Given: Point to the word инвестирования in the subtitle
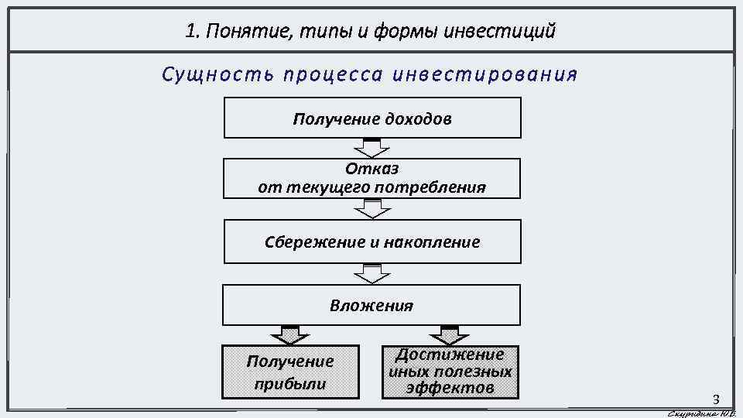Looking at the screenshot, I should (x=485, y=75).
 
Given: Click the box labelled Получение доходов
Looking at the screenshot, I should (x=372, y=118).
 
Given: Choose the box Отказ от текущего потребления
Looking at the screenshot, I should (x=372, y=178).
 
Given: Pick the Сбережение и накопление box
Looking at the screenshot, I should (x=372, y=242).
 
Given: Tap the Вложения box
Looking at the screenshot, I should (x=372, y=305).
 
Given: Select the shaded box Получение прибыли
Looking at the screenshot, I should (x=290, y=372).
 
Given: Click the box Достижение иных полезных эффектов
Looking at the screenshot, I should (x=450, y=372).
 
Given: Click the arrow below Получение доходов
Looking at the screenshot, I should (x=372, y=148).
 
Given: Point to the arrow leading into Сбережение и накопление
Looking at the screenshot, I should (x=372, y=208).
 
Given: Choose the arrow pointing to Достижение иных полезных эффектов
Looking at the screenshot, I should (x=450, y=334).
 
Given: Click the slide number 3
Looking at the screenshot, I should (x=716, y=400).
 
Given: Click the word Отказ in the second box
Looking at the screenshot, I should (x=372, y=169).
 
